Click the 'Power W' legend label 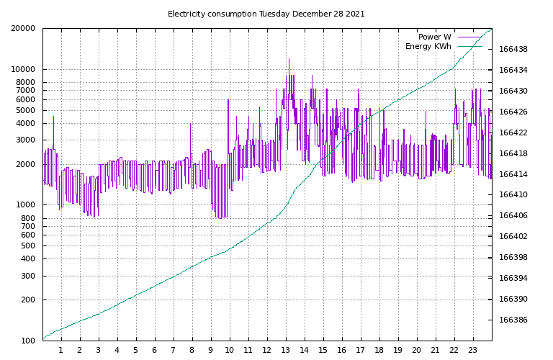pyautogui.click(x=434, y=37)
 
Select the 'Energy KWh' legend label pyautogui.click(x=428, y=46)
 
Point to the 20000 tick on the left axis pyautogui.click(x=23, y=29)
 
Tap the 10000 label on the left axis pyautogui.click(x=23, y=70)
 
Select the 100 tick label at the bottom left pyautogui.click(x=27, y=341)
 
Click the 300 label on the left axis pyautogui.click(x=27, y=276)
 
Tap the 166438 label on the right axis pyautogui.click(x=513, y=50)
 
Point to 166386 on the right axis pyautogui.click(x=513, y=320)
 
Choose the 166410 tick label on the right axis pyautogui.click(x=513, y=195)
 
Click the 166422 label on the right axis pyautogui.click(x=513, y=132)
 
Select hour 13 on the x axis pyautogui.click(x=286, y=351)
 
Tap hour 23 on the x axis pyautogui.click(x=473, y=351)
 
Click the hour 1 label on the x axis pyautogui.click(x=61, y=351)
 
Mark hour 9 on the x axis pyautogui.click(x=211, y=351)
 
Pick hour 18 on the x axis pyautogui.click(x=379, y=351)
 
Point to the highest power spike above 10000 pyautogui.click(x=289, y=60)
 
